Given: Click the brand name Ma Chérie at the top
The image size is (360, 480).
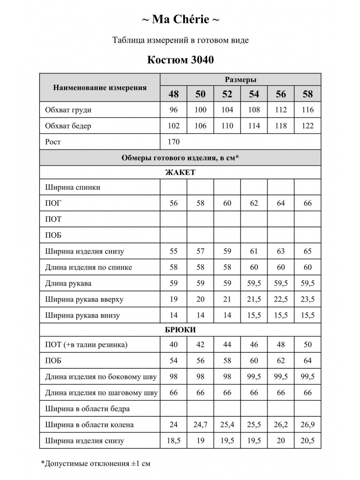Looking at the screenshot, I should point(180,19).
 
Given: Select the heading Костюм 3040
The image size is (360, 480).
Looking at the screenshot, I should point(180,60).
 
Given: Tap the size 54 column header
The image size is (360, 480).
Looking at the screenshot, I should point(254,94).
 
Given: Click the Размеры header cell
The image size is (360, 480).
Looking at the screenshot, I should point(240,80).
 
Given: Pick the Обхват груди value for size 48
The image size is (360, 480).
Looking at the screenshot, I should point(174,110).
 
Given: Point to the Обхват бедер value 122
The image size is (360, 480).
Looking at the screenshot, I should point(308,126).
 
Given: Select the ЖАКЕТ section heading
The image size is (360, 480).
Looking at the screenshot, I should point(180,172).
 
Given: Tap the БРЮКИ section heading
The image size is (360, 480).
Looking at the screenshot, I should point(180,330).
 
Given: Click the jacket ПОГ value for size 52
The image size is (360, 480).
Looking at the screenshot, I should point(227,203).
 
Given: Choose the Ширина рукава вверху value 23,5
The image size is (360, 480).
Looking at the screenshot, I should point(308,300).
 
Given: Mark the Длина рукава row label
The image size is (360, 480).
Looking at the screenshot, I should point(68,284).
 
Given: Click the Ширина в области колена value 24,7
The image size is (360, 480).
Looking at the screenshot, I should point(200,425).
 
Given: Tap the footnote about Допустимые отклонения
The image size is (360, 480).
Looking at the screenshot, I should point(96,464).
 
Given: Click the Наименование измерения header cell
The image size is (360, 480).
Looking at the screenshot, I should point(100,88).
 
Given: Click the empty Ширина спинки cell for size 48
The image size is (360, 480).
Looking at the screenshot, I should point(174,187).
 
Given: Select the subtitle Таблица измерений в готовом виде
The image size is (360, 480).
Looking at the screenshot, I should point(180,40).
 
